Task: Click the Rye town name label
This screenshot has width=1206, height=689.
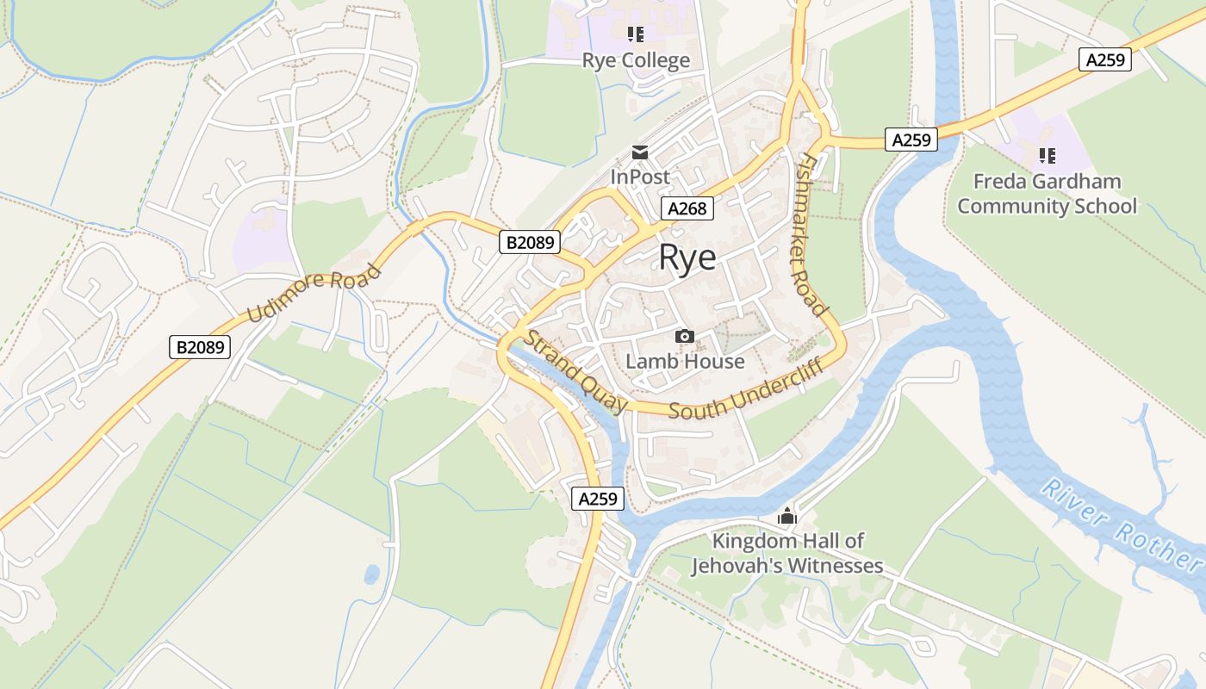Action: [x=687, y=258]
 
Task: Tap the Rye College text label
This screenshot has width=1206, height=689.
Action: [x=636, y=60]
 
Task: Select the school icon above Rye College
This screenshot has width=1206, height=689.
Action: [x=636, y=34]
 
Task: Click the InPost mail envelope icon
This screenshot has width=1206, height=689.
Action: [x=640, y=152]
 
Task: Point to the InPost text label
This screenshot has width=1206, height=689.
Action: [x=640, y=177]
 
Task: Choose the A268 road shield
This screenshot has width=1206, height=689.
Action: [x=687, y=208]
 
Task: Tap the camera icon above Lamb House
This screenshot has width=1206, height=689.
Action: [x=685, y=336]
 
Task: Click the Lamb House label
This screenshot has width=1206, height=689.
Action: [x=685, y=361]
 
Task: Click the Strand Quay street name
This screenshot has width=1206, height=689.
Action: [x=576, y=371]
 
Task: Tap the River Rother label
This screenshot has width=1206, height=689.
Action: [x=1121, y=525]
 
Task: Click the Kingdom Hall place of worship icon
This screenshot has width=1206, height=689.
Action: [x=786, y=517]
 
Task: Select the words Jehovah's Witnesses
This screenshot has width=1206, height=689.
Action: [x=786, y=566]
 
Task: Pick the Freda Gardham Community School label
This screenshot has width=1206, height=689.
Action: [x=1047, y=194]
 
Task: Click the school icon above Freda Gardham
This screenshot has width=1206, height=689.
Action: [x=1047, y=156]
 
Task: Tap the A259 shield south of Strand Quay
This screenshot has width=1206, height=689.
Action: [x=597, y=499]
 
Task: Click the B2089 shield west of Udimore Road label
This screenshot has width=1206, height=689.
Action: [x=200, y=347]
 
